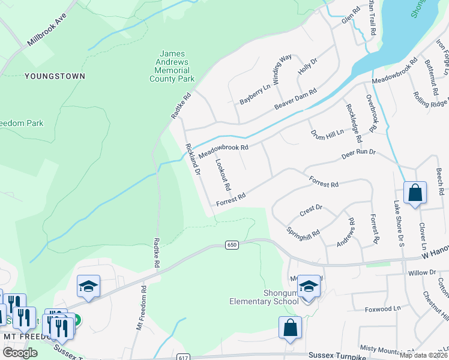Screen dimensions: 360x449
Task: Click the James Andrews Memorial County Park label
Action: point(172,67)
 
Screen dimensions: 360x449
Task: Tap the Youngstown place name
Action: point(55,76)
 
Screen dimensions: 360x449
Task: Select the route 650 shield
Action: point(232,245)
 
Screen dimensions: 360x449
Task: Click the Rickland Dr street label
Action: point(192,158)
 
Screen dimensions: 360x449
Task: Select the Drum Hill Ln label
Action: point(327,134)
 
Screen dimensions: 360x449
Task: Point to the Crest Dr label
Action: point(310,211)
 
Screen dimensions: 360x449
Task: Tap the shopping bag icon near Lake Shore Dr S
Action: point(415,193)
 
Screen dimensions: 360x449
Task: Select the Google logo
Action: point(20,353)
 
